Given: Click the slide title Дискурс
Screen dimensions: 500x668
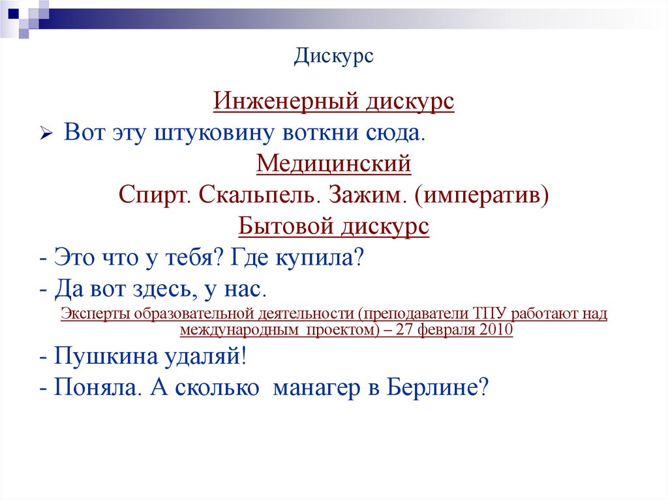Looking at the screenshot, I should pos(333,56).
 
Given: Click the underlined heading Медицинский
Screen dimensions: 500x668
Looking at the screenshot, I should pos(333,163).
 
